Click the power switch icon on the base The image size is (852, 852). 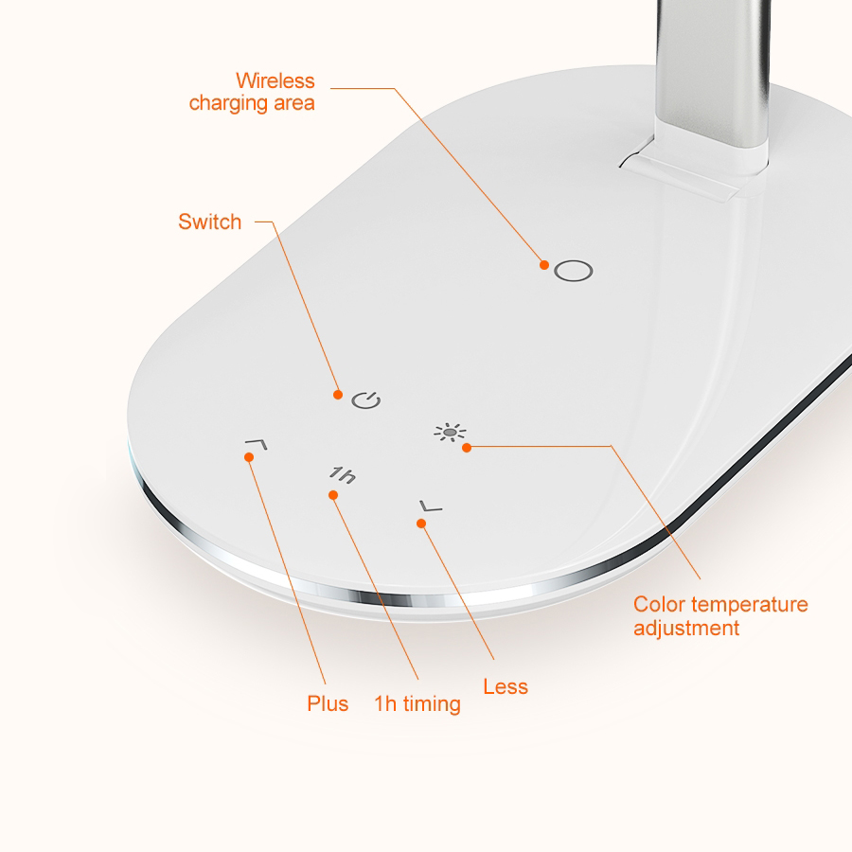click(x=366, y=399)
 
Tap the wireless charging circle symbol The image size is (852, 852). click(x=573, y=271)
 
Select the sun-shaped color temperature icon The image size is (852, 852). click(x=451, y=433)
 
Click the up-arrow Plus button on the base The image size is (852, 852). click(x=256, y=442)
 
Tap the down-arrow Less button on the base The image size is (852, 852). click(x=431, y=508)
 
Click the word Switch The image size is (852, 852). click(x=210, y=222)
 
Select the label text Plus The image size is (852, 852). click(x=328, y=703)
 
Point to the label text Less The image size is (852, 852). click(x=506, y=686)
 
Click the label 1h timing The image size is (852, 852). click(x=417, y=703)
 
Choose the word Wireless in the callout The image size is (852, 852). click(x=275, y=80)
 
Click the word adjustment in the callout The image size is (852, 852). click(x=686, y=628)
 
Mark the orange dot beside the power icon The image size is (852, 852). click(x=338, y=394)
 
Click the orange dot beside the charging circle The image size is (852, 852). click(x=544, y=265)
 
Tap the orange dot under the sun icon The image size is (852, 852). click(x=467, y=448)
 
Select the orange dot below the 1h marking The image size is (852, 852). click(x=332, y=495)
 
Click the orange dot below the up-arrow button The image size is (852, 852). click(x=249, y=457)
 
